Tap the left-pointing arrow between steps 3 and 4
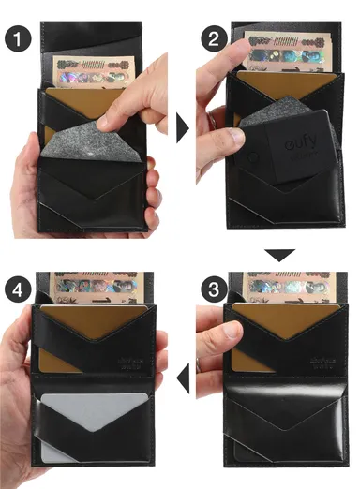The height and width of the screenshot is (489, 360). pyautogui.click(x=183, y=378)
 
